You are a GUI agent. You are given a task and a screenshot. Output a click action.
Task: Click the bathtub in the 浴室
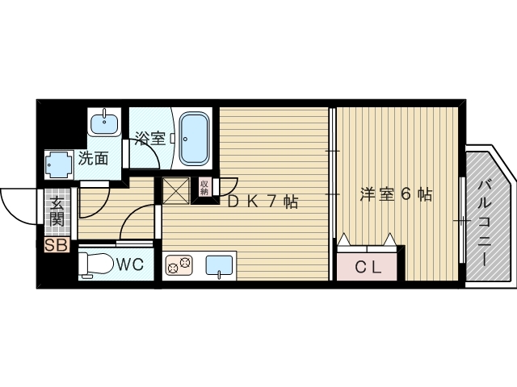[193, 138]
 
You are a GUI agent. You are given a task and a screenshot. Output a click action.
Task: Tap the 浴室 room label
[149, 138]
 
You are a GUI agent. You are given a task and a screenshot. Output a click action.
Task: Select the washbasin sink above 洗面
[104, 124]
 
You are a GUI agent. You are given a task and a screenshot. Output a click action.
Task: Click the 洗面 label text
[94, 159]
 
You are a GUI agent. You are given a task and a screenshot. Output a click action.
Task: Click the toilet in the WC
[95, 264]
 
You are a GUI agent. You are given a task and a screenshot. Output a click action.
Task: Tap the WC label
[132, 264]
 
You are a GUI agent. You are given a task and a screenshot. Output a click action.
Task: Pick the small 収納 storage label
[204, 188]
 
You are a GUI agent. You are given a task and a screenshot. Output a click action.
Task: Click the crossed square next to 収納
[176, 189]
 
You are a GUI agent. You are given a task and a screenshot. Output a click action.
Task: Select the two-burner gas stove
[179, 264]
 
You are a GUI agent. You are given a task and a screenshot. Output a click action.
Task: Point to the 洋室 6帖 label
[395, 194]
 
